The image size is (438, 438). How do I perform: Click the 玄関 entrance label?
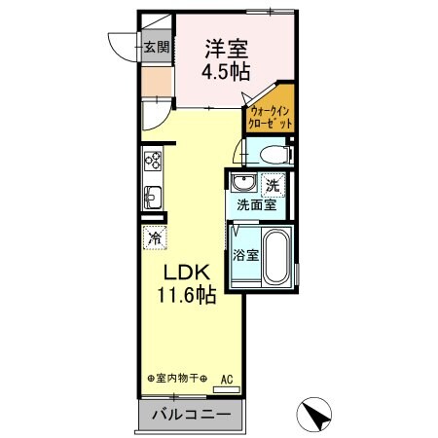pos(156,45)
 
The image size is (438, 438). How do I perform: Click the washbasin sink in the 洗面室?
pos(243,184)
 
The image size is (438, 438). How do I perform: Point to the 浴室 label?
pos(245,256)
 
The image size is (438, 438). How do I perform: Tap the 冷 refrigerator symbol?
pos(155,236)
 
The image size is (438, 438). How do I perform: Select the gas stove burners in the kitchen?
pos(153,163)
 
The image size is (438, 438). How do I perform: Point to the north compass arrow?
pos(318,416)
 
